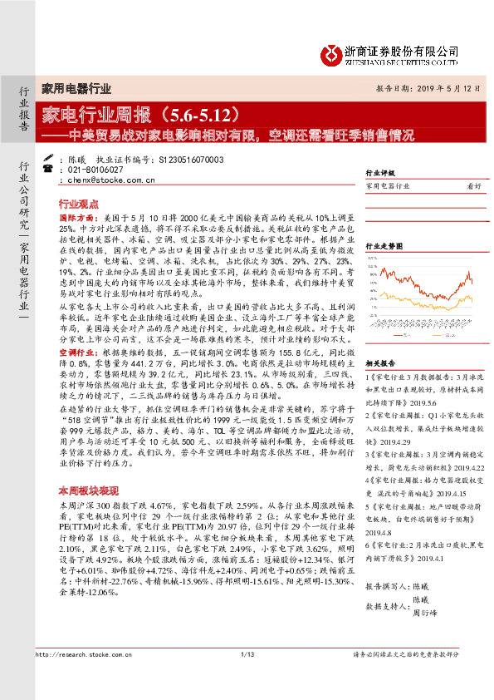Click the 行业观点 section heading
(78, 203)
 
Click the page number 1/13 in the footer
(246, 680)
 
